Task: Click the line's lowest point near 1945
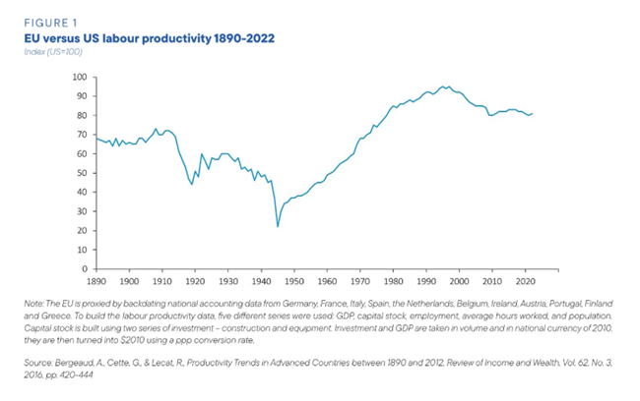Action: (x=278, y=227)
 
